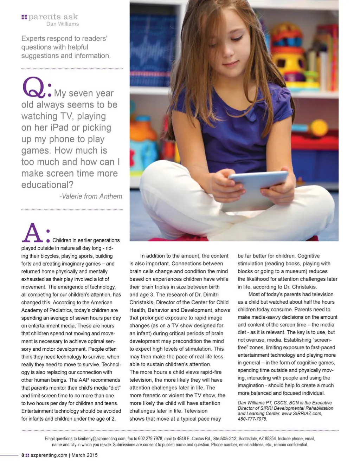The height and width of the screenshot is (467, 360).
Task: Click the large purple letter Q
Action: pos(34,88)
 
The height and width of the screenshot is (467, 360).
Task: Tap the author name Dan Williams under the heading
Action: pos(63,24)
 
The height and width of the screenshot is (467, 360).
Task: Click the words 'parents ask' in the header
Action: pos(53,17)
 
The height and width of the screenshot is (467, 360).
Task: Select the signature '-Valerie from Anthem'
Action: pos(91,196)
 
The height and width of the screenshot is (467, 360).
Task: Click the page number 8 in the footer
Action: pos(23,455)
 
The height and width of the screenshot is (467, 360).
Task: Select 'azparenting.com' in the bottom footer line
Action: pos(49,455)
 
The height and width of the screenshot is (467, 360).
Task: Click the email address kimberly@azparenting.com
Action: pos(102,439)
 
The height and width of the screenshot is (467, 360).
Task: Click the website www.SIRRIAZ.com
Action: pos(302,413)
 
